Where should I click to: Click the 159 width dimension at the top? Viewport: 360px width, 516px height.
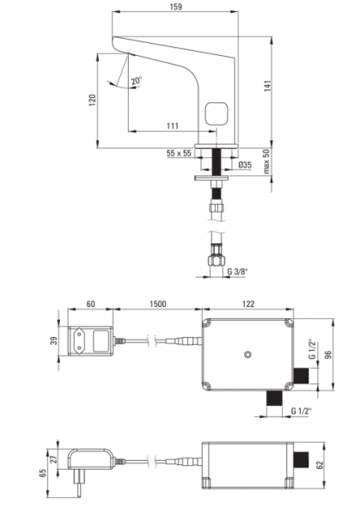[176, 7]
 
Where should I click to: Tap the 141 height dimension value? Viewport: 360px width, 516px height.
[267, 85]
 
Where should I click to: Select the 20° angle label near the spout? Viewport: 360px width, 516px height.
[137, 81]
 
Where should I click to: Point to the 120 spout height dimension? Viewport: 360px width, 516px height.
[93, 100]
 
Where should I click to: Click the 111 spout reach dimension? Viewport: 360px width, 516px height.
[173, 126]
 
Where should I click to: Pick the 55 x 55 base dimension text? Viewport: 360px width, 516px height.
[179, 153]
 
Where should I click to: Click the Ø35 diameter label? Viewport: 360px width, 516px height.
[245, 164]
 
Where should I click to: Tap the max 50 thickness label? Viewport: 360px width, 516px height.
[266, 162]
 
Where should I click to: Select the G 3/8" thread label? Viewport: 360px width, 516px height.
[237, 272]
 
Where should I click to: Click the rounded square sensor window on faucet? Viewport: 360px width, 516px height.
[217, 114]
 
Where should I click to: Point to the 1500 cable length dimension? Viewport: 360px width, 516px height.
[158, 304]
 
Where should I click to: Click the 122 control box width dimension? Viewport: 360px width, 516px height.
[248, 304]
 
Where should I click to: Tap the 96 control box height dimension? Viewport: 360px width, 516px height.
[328, 354]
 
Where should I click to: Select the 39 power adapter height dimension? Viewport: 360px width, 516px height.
[55, 341]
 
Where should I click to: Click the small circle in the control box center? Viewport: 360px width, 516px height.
[247, 354]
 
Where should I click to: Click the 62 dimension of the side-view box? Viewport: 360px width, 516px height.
[320, 464]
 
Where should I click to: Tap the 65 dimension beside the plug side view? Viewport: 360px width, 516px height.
[43, 473]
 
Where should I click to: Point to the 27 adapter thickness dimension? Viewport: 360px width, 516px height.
[55, 458]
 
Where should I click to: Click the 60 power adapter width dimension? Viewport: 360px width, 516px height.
[90, 304]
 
